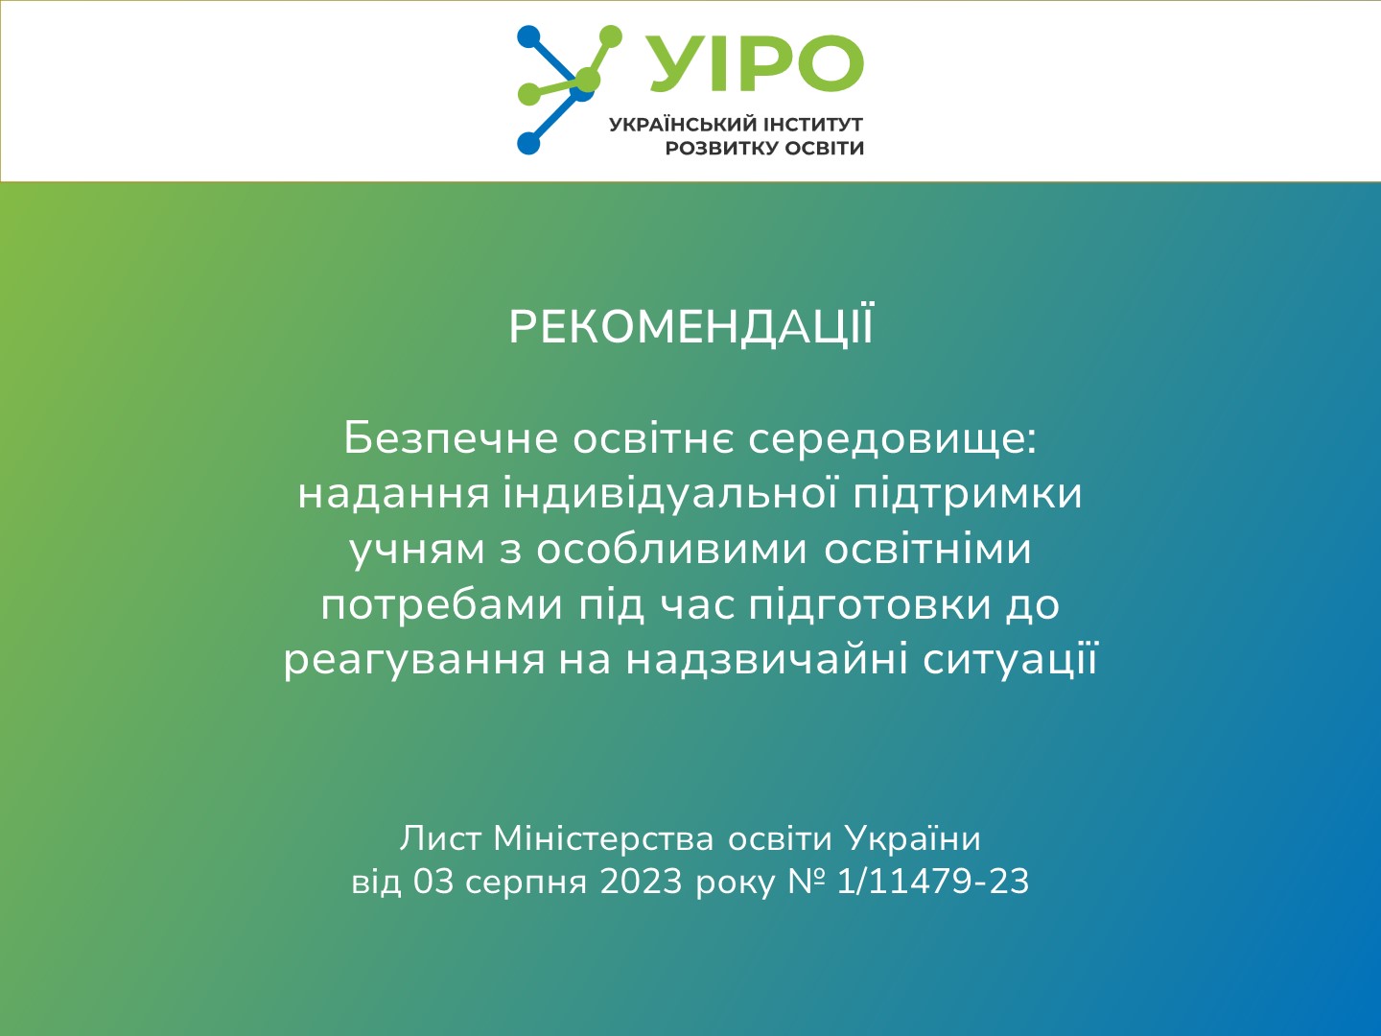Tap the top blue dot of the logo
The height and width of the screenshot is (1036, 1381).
(528, 36)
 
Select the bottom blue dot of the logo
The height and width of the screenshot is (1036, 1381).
(528, 143)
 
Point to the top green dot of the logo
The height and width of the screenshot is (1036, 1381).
(610, 37)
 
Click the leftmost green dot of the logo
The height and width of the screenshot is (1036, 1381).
(528, 94)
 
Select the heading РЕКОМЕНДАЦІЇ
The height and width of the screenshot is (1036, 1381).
(690, 327)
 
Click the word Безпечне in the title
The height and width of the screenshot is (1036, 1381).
(451, 438)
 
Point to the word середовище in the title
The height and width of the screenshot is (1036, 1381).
(892, 438)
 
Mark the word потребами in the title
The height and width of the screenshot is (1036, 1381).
(441, 604)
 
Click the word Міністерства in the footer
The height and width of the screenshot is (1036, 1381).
(603, 838)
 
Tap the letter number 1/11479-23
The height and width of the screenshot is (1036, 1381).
(932, 881)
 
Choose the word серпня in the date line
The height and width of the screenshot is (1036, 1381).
(526, 883)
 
